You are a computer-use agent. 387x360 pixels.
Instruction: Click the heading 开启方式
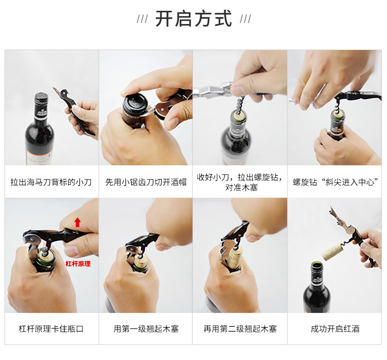pos(193,18)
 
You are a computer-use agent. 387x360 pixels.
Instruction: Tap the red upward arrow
pos(77,222)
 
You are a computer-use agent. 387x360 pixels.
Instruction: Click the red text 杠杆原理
pos(78,264)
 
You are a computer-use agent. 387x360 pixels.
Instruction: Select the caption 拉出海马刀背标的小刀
pos(51,182)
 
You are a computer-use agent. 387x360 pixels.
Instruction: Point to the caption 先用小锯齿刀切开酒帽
pos(145,182)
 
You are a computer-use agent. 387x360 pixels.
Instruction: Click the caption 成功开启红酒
pos(335,329)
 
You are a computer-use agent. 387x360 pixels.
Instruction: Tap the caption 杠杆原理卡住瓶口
pos(51,329)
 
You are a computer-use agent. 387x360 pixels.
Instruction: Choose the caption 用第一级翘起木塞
pos(146,329)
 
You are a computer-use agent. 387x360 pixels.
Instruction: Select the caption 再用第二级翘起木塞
pos(240,329)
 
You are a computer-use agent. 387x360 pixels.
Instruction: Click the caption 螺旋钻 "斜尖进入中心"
pos(335,182)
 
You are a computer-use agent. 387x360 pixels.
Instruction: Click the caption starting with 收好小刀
pos(240,182)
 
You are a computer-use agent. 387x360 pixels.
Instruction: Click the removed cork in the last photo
pos(332,252)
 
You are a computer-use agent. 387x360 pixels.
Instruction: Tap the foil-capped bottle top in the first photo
pos(41,99)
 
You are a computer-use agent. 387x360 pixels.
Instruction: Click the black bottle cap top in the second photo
pos(135,102)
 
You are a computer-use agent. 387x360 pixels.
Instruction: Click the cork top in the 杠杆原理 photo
pos(47,254)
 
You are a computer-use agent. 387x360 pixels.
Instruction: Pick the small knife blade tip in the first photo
pos(53,88)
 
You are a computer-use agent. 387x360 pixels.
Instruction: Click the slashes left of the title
pos(142,19)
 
